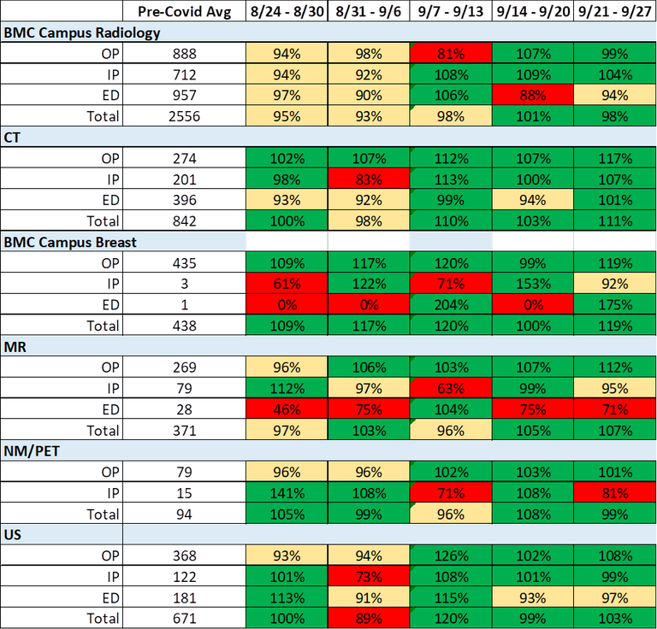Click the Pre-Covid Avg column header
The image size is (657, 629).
tap(185, 11)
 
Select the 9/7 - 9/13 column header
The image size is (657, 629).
tap(451, 11)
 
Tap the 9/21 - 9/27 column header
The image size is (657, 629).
tap(615, 11)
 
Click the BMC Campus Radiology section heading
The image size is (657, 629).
tap(82, 32)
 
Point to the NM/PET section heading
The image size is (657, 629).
tap(32, 451)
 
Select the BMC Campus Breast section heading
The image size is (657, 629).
tap(70, 243)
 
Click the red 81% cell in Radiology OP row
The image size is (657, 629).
tap(451, 54)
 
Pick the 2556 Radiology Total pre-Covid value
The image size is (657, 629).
tap(185, 116)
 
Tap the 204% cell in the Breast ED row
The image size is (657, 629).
tap(451, 304)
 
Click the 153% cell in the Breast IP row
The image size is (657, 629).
tap(533, 284)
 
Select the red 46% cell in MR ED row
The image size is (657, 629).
tap(287, 409)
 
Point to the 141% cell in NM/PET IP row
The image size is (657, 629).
tap(287, 493)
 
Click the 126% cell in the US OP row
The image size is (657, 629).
tap(451, 556)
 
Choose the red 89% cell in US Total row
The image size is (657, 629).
tap(369, 619)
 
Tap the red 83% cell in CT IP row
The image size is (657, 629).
tap(369, 179)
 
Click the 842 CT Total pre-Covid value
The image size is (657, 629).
tap(185, 221)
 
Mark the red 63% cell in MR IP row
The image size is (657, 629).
tap(451, 388)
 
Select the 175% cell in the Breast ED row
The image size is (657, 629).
tap(615, 304)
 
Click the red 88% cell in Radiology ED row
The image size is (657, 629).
tap(533, 96)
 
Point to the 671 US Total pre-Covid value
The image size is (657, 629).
tap(185, 619)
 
